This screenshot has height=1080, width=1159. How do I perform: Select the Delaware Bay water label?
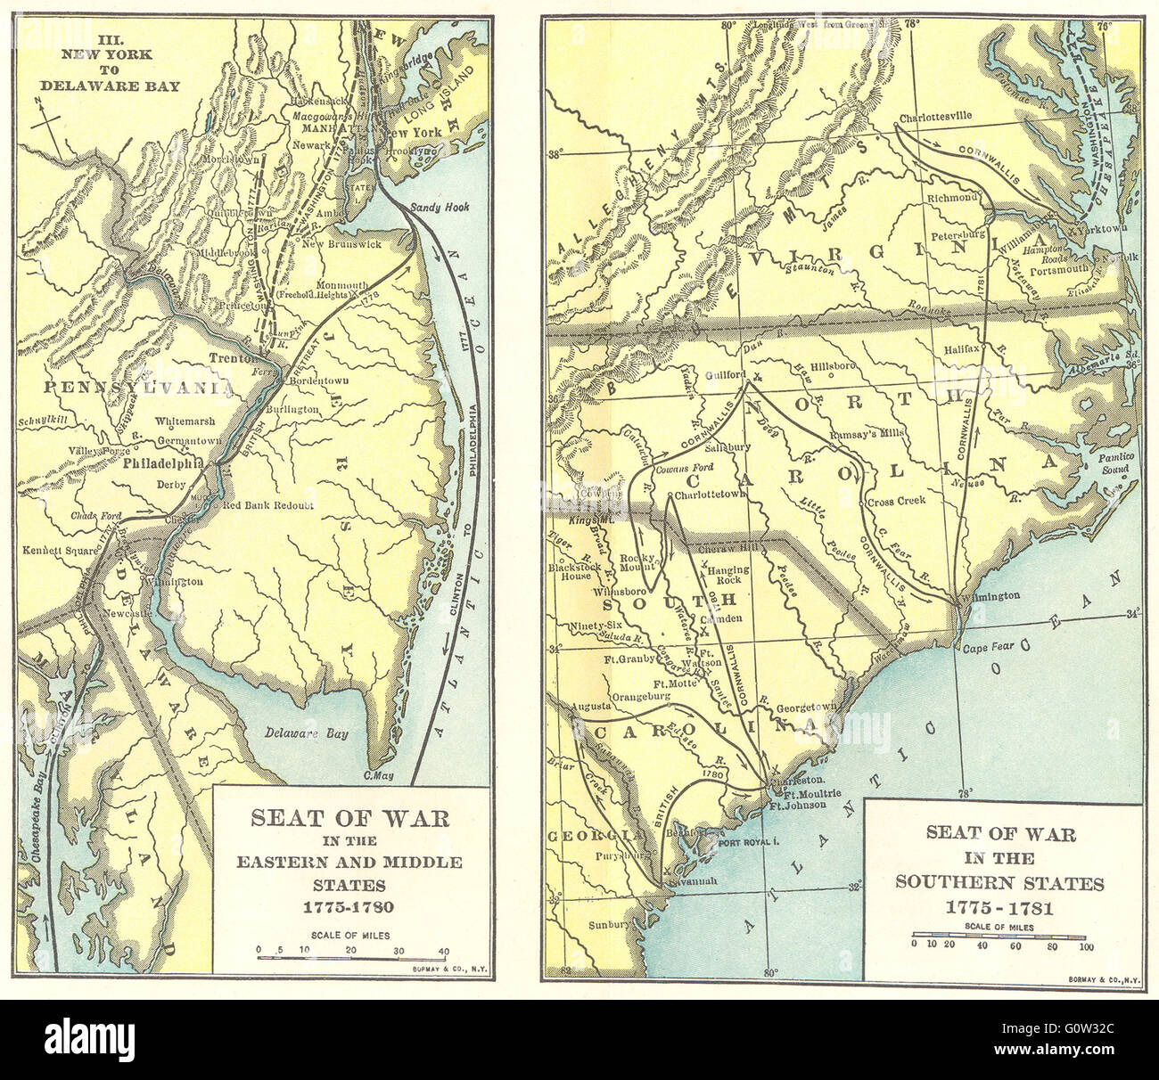coord(307,734)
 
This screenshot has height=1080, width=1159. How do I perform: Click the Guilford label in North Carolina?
coord(723,375)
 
